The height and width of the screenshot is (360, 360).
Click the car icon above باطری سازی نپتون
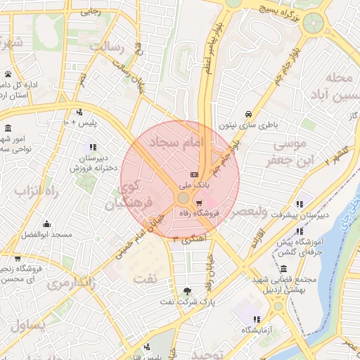point(248,114)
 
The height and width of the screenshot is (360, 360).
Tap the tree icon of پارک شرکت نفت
point(186,291)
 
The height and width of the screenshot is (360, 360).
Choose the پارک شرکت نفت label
point(186,302)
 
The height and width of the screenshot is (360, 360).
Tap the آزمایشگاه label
point(258,330)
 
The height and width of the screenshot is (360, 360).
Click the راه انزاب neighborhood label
point(30,192)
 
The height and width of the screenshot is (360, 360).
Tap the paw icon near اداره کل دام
point(8,74)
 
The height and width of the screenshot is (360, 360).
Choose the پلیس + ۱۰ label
point(79,122)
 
